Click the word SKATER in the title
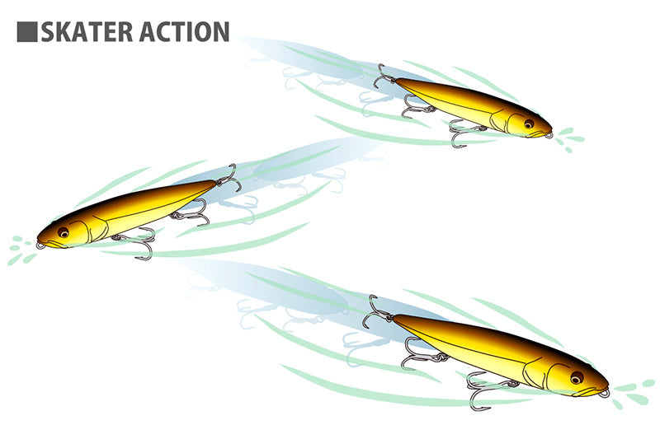tap(87, 32)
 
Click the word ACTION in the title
tap(184, 32)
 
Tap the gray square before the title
tap(27, 32)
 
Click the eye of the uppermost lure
tap(529, 124)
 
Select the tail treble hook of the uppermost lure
tap(383, 77)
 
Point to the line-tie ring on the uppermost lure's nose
tap(548, 135)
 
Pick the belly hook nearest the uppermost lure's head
tap(461, 133)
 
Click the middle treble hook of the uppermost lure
tap(415, 106)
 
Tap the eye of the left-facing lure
tap(64, 232)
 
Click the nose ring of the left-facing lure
tap(41, 245)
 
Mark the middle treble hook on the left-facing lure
tap(191, 213)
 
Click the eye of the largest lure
tap(577, 377)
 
